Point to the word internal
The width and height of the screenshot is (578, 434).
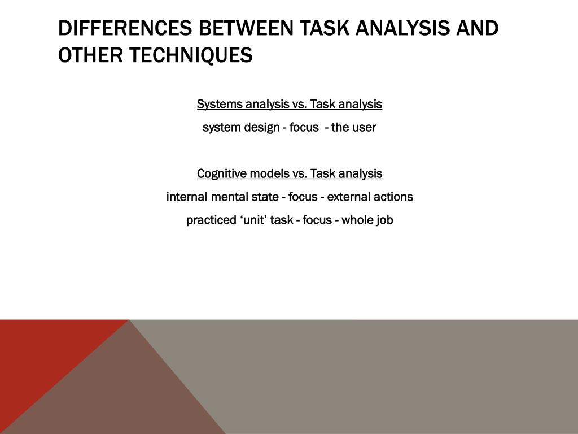[x=187, y=197]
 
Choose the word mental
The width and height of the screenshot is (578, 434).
[x=227, y=197]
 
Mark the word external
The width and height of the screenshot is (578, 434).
[x=348, y=197]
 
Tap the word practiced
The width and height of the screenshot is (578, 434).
[x=209, y=220]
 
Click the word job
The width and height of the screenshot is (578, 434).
[x=384, y=220]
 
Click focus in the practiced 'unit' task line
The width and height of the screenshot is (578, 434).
[x=317, y=220]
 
